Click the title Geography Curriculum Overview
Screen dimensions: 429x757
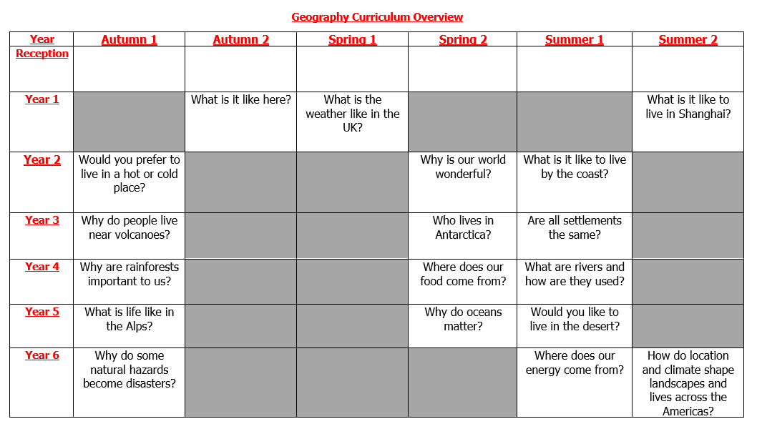(377, 17)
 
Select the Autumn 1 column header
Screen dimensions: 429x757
(129, 40)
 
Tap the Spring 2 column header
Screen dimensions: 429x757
(463, 40)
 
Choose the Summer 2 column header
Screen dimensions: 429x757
(688, 40)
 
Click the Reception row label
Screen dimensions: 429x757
(42, 54)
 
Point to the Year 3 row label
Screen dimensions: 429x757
(42, 220)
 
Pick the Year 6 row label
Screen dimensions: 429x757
(42, 355)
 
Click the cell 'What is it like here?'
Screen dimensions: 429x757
(240, 100)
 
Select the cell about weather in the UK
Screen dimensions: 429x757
(352, 114)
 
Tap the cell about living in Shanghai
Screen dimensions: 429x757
(688, 107)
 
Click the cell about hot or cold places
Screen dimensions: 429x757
(129, 174)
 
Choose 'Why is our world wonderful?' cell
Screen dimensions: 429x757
(463, 167)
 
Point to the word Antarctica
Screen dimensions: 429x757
(463, 235)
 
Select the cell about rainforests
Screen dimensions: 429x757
(129, 274)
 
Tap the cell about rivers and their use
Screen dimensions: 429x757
(575, 274)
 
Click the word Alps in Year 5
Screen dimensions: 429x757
(140, 326)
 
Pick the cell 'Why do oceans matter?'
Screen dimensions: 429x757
(463, 319)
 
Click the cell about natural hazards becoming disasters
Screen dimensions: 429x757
(129, 370)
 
